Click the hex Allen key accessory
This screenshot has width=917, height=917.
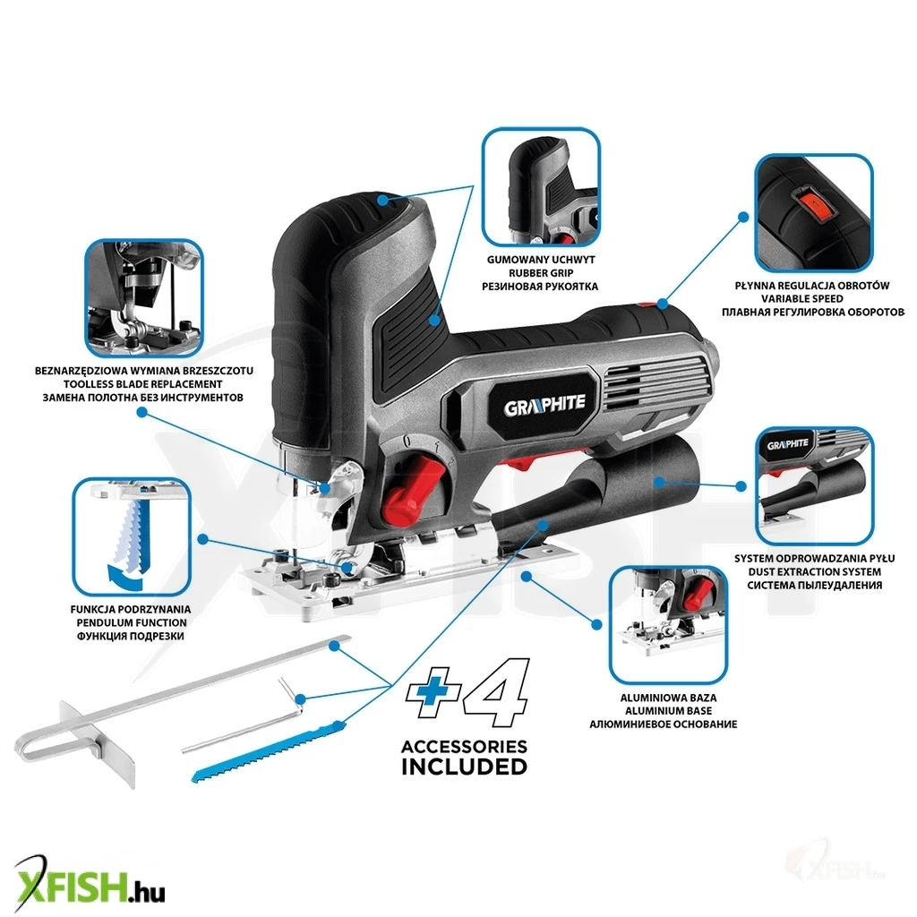(x=242, y=717)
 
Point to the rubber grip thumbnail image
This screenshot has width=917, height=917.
(x=541, y=186)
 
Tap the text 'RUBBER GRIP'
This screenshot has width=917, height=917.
(x=541, y=273)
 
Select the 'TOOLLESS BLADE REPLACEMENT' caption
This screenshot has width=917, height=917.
(x=142, y=384)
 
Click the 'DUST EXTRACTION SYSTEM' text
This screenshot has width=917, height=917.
(x=815, y=572)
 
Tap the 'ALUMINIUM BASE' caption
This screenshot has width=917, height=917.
(x=668, y=711)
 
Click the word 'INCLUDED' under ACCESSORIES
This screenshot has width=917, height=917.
(x=465, y=767)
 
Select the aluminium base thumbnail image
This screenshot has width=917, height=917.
(x=668, y=625)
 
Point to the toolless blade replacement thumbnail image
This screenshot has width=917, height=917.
(x=144, y=297)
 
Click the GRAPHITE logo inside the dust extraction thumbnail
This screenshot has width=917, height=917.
(x=788, y=445)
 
